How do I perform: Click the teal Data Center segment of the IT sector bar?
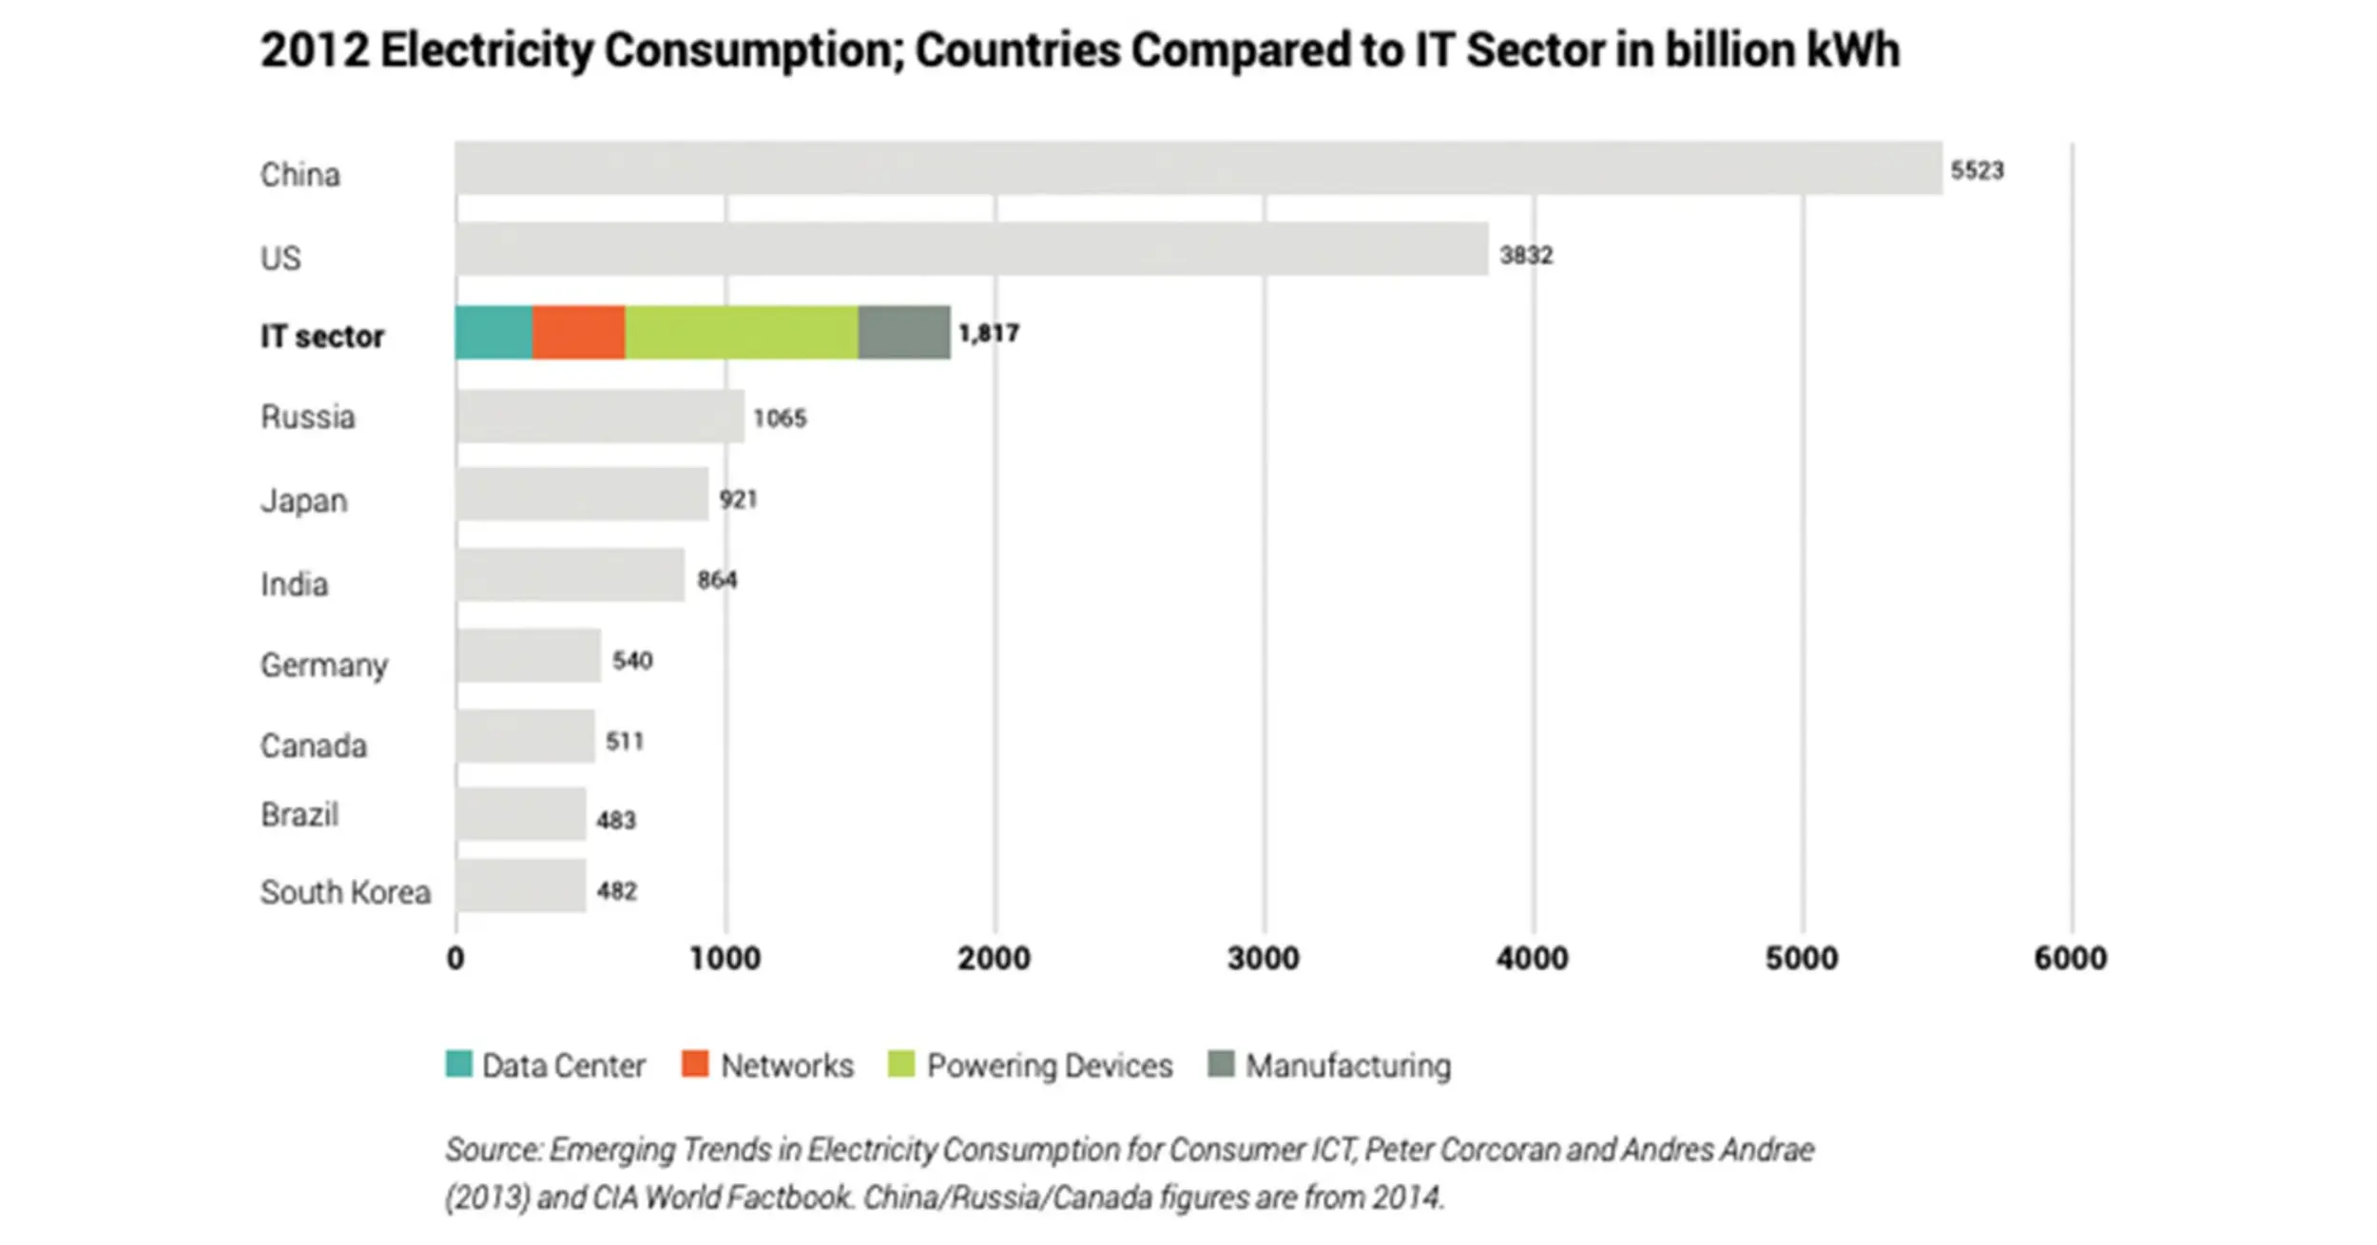pos(493,333)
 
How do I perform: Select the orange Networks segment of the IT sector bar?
pos(578,333)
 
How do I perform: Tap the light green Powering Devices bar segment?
pos(741,333)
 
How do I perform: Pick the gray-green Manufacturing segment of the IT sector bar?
pos(903,333)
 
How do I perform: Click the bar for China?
pos(1198,168)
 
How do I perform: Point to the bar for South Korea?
pos(521,886)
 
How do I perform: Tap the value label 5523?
pos(1977,170)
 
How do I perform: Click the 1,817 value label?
pos(989,334)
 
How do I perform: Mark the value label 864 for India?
pos(717,579)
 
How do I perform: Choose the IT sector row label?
pos(322,336)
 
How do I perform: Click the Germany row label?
pos(324,665)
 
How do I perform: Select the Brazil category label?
pos(300,815)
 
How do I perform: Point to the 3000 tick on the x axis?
pos(1263,959)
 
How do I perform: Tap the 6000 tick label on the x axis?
pos(2070,959)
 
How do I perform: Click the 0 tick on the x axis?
pos(456,959)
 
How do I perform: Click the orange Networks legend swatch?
pos(695,1064)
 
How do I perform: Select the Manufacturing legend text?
pos(1348,1066)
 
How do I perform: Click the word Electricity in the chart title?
pos(486,50)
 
